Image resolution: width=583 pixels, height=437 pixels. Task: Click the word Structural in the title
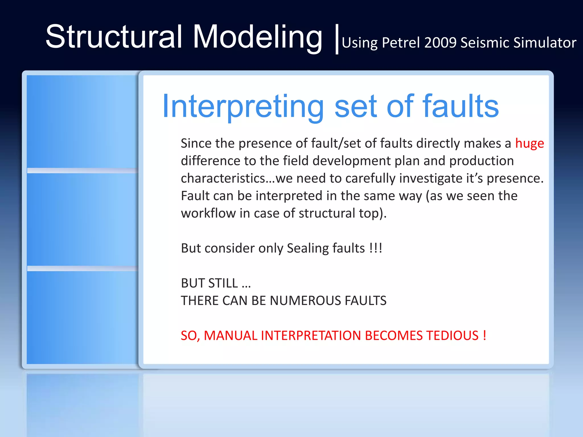114,37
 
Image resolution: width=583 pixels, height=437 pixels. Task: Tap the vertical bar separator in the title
337,39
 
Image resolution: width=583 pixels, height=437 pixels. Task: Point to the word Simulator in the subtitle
545,43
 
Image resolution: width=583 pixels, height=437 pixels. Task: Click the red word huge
529,143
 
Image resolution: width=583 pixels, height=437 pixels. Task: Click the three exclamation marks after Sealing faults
376,248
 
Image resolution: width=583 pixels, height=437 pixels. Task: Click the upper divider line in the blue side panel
83,170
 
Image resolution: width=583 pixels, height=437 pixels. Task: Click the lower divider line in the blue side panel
83,268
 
